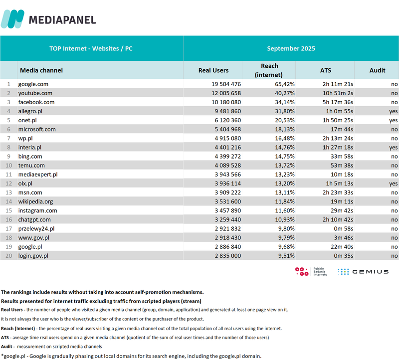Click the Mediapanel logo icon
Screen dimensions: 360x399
pos(12,19)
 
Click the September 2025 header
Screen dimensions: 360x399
pos(291,49)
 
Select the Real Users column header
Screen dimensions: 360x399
pos(213,70)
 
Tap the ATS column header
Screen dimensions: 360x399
pos(325,70)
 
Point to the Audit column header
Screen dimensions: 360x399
pos(377,70)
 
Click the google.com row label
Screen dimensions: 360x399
pos(33,84)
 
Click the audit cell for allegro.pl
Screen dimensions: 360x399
pos(394,111)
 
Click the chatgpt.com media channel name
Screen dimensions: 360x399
pos(35,219)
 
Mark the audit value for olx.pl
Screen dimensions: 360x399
pos(394,183)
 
